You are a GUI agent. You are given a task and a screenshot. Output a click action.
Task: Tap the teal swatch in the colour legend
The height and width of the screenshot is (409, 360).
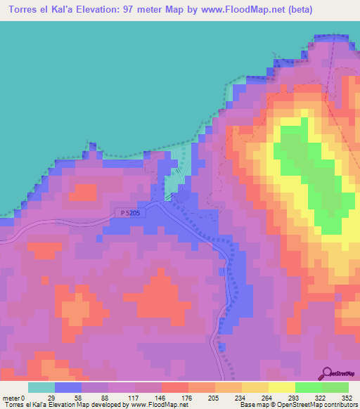tap(41, 387)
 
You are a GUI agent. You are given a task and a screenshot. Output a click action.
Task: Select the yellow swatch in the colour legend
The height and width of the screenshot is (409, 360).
tap(282, 387)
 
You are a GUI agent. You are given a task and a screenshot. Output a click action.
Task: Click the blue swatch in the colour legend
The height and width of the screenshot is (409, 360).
tap(68, 387)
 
